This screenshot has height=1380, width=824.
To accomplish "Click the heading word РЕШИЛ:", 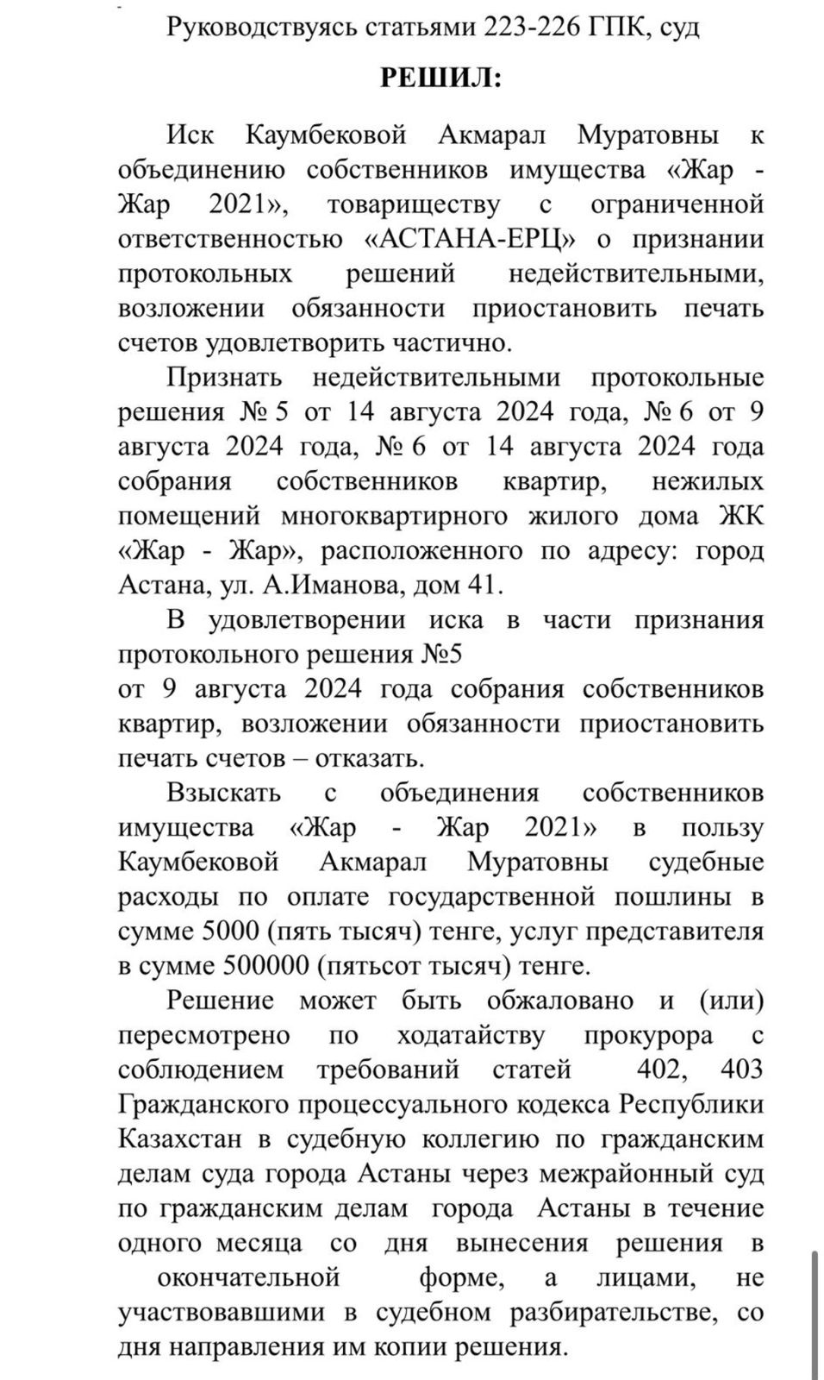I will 440,78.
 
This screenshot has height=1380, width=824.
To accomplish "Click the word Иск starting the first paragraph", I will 190,135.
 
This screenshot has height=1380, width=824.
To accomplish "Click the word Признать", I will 224,378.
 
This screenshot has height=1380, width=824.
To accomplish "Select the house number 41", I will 480,585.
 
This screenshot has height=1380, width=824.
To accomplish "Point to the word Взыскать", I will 224,793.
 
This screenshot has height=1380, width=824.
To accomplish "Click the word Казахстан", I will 180,1138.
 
